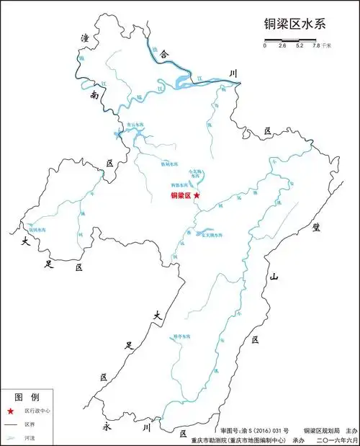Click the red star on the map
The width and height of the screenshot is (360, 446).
pyautogui.click(x=197, y=195)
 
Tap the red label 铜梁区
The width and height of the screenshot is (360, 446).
pyautogui.click(x=180, y=195)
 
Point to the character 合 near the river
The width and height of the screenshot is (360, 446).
pyautogui.click(x=163, y=54)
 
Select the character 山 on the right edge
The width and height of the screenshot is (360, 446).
pyautogui.click(x=274, y=277)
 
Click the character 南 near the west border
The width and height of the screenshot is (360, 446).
pyautogui.click(x=94, y=95)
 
